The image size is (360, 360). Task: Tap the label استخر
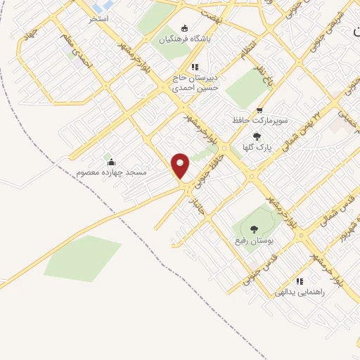(98, 18)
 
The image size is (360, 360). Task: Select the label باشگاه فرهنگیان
(184, 40)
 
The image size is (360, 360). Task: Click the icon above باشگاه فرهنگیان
(185, 29)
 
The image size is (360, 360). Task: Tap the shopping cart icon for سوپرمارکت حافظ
(259, 110)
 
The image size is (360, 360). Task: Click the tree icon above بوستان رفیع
(254, 229)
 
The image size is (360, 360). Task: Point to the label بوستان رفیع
(254, 240)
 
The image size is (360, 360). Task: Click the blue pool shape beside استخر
(96, 8)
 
